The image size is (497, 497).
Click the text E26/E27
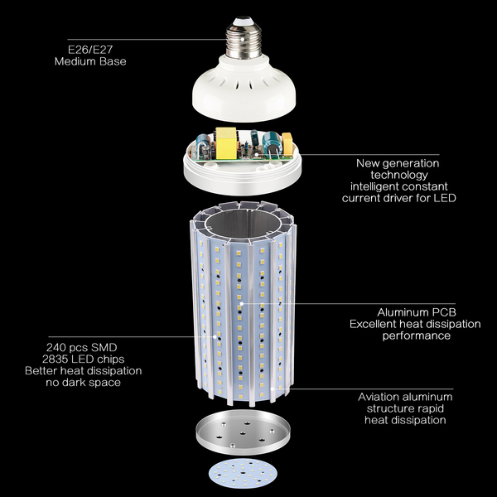pos(77,48)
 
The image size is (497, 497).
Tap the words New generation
pos(398,163)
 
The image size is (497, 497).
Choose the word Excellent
pos(374,324)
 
